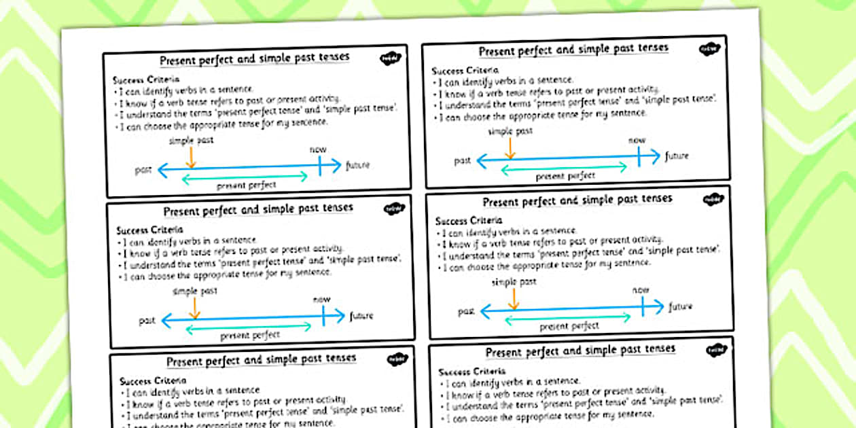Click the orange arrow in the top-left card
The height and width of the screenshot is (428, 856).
(x=191, y=157)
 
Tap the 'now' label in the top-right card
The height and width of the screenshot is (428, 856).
(x=637, y=140)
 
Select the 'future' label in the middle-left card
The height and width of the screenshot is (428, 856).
(x=361, y=315)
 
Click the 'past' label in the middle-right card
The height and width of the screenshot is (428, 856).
(x=466, y=311)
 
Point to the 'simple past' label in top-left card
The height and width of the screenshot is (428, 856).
(x=191, y=140)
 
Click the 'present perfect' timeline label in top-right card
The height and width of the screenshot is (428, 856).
(x=565, y=176)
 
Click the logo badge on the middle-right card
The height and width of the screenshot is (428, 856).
(x=713, y=200)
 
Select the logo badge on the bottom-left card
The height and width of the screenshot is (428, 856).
(x=397, y=360)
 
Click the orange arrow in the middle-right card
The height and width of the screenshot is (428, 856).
(x=514, y=298)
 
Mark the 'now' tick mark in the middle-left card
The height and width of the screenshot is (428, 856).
(x=323, y=316)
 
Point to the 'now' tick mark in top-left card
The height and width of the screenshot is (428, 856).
(x=319, y=165)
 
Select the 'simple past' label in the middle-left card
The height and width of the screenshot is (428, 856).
(x=195, y=291)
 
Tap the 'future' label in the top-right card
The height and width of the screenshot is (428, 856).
(x=677, y=156)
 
